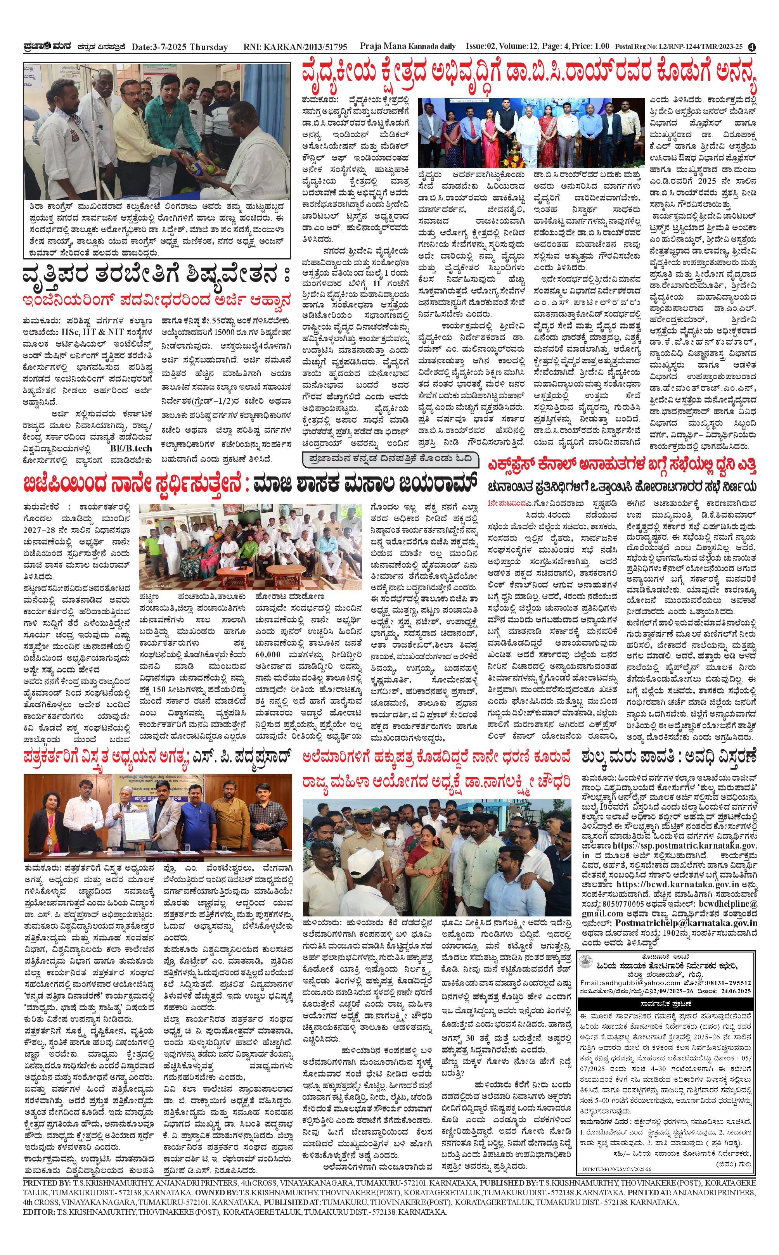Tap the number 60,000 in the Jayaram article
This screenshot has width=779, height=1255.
(x=268, y=655)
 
